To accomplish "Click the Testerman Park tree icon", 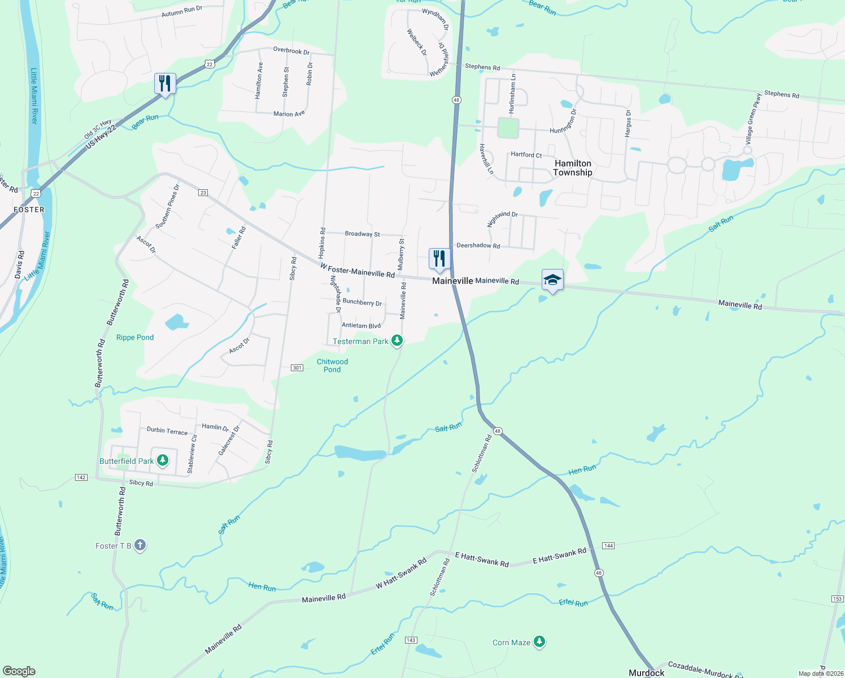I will [x=397, y=340].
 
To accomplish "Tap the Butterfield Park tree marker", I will [x=163, y=460].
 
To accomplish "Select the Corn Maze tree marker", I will [x=539, y=641].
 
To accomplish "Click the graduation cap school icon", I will [x=552, y=280].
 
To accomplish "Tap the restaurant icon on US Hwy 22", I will [x=165, y=84].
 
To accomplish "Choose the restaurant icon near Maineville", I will [x=439, y=259].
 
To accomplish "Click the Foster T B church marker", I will [x=140, y=545].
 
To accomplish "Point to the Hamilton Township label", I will [x=573, y=168].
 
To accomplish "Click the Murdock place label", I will [x=646, y=672].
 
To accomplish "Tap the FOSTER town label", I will [x=29, y=210].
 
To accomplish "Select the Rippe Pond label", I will [x=135, y=337].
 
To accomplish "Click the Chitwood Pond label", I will [x=332, y=366].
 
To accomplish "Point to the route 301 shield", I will [x=297, y=368].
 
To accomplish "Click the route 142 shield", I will [x=81, y=477].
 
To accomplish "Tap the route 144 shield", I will [x=608, y=546].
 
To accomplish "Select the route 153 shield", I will [x=837, y=599].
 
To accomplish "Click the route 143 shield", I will [x=411, y=640].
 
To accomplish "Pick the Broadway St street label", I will [x=362, y=233].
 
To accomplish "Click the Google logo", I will [x=19, y=671].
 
